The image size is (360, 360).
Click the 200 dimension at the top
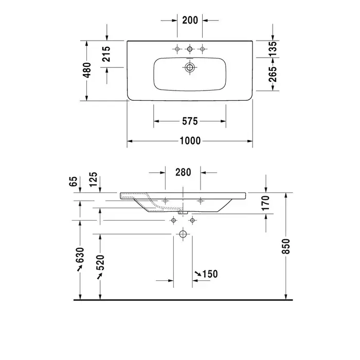tap(190, 20)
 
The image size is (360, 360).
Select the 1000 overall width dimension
tap(190, 141)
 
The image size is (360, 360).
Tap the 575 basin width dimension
tap(190, 121)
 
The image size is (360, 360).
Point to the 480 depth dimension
tap(87, 70)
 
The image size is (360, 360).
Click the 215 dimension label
tap(106, 54)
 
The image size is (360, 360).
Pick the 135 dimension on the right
tap(273, 49)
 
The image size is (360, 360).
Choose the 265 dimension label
tap(273, 75)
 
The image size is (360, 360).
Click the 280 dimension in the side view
tap(183, 172)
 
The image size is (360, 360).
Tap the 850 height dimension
tap(286, 246)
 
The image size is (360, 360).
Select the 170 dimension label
tap(266, 203)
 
